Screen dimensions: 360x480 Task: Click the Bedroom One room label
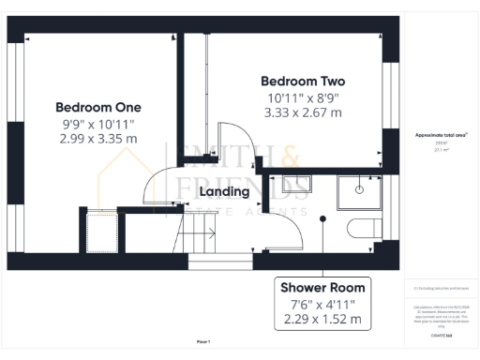(x=97, y=107)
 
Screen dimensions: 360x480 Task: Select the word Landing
(x=225, y=191)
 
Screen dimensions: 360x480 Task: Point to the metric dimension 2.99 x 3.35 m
(x=97, y=139)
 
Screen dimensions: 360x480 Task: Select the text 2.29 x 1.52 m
(x=322, y=320)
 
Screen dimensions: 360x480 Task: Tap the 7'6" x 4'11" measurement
(x=322, y=304)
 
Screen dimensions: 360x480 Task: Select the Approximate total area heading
(x=441, y=135)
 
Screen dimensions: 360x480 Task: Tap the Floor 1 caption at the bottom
(x=203, y=341)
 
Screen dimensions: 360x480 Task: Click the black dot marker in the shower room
(x=323, y=218)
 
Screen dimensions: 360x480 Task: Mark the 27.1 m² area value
(x=441, y=149)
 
